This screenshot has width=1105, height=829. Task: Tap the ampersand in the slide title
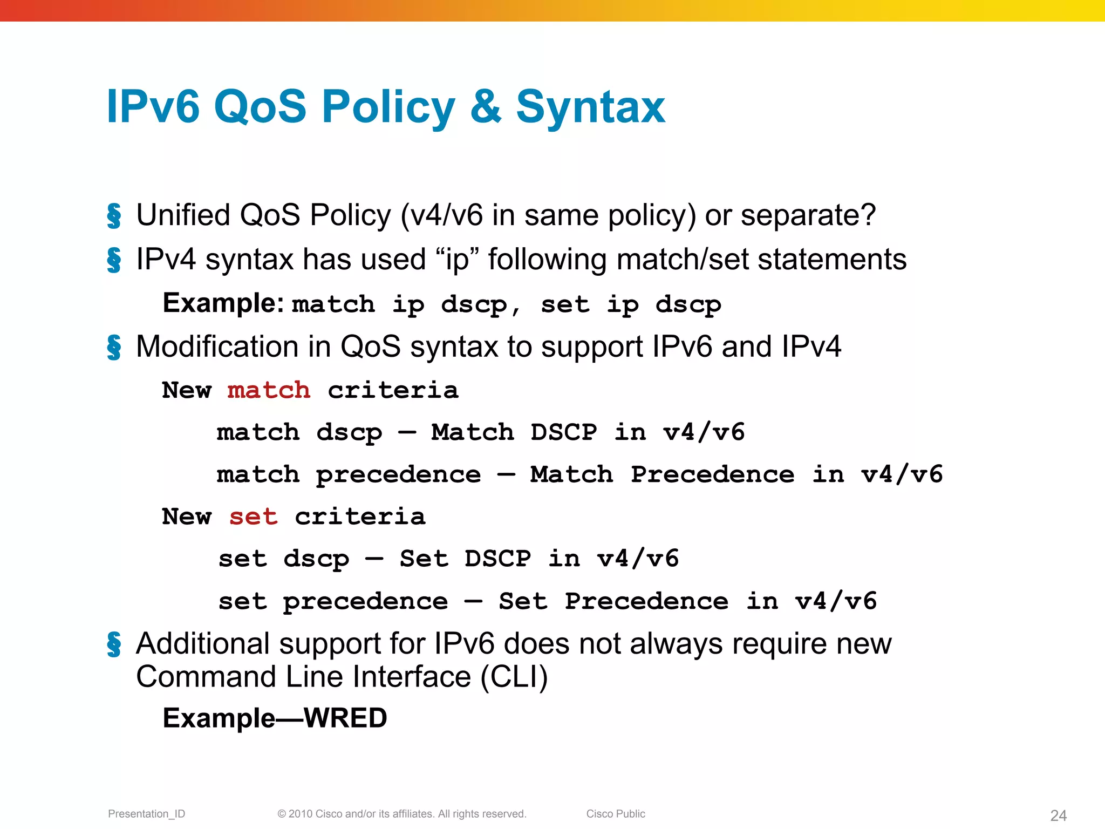coord(486,107)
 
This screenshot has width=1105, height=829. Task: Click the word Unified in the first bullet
coord(183,215)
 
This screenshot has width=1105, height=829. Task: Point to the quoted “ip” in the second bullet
coord(456,260)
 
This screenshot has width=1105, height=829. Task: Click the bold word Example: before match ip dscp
coord(223,303)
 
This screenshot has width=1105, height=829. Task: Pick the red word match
coord(269,390)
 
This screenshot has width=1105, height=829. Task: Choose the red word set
coord(253,517)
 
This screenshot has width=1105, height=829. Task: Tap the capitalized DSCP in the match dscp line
coord(564,432)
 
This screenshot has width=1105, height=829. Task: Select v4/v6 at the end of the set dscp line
coord(638,559)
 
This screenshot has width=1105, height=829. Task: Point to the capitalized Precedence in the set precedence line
coord(646,601)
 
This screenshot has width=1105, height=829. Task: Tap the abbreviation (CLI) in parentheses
coord(514,677)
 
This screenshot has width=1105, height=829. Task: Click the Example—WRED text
coord(275,718)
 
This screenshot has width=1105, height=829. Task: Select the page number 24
coord(1058,815)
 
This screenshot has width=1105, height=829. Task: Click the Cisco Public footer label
coord(616,814)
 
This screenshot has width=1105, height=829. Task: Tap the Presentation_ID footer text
coord(146,814)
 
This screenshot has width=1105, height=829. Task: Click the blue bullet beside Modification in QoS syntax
coord(114,347)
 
